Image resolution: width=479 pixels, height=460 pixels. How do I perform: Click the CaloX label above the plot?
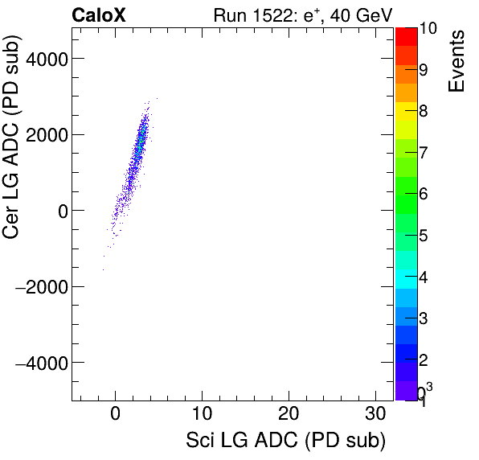point(99,14)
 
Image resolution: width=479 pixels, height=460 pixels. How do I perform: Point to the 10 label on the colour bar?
point(428,29)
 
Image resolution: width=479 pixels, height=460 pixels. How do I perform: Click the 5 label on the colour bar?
point(423,236)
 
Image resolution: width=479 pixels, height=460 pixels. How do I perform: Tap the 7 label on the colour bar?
point(423,153)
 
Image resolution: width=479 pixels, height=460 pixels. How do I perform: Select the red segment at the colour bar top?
point(406,36)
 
